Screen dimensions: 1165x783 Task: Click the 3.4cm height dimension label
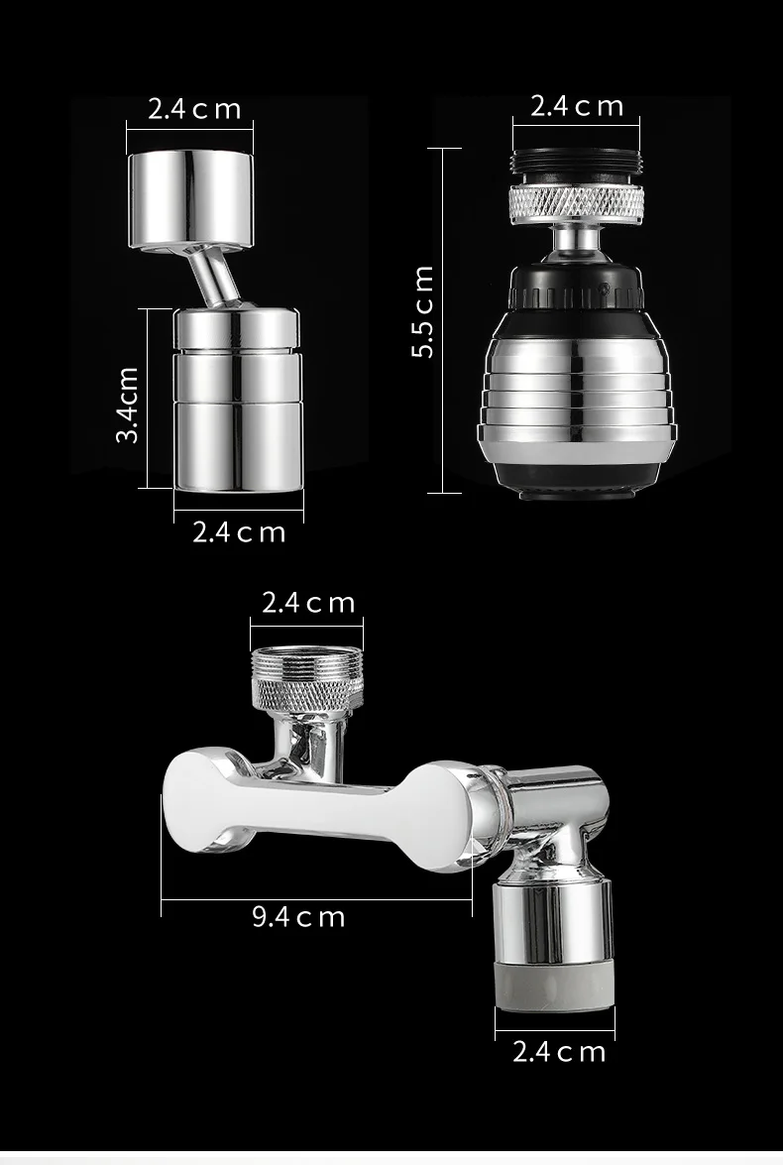[x=127, y=405]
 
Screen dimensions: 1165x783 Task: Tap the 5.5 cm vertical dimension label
[x=424, y=312]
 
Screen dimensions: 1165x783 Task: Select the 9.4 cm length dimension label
[x=298, y=916]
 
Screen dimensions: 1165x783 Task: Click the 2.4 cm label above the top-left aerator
[x=194, y=108]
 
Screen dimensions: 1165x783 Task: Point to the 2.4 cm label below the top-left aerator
[x=239, y=532]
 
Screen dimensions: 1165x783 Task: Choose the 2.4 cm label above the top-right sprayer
[x=577, y=106]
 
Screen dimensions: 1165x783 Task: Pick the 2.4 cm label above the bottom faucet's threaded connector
[x=307, y=603]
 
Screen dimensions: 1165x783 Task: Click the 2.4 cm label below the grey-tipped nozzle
[x=558, y=1051]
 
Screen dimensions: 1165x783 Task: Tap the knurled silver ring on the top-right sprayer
[x=576, y=203]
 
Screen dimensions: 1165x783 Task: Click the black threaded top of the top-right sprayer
[x=576, y=166]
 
